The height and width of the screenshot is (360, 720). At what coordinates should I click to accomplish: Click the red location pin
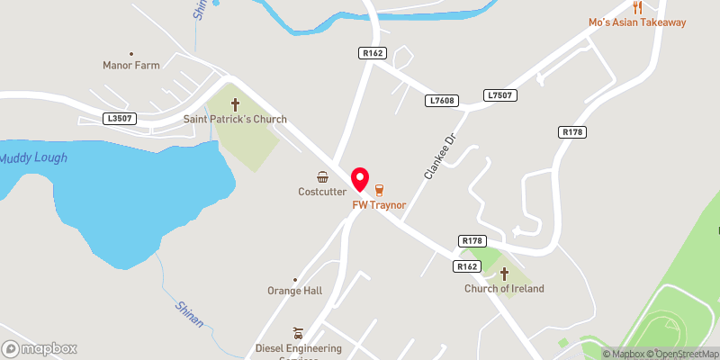(x=360, y=178)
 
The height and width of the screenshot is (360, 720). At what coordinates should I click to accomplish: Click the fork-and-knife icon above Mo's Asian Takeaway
(x=638, y=6)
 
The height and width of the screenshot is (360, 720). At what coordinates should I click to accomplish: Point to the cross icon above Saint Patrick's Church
(x=237, y=104)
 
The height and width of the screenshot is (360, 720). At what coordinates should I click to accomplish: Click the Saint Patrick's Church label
(x=235, y=119)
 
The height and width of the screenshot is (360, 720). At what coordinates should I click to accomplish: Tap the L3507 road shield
(x=120, y=118)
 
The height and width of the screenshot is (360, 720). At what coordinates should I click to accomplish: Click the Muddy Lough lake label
(x=33, y=158)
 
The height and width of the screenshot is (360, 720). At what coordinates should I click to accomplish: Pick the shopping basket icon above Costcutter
(x=321, y=177)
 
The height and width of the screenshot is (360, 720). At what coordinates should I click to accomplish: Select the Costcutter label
(x=321, y=192)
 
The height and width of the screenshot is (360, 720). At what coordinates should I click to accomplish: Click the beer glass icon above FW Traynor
(x=379, y=190)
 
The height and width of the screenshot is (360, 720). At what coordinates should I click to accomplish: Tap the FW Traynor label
(x=379, y=205)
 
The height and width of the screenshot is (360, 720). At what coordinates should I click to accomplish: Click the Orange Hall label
(x=294, y=291)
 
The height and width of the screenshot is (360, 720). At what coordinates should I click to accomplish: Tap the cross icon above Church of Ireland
(x=504, y=274)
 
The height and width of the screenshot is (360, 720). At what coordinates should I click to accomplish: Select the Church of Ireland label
(x=504, y=289)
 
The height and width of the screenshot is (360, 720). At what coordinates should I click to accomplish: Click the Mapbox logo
(x=40, y=348)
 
